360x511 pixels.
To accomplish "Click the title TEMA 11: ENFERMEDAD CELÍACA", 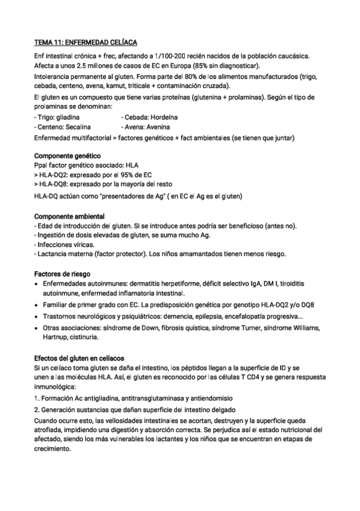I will pyautogui.click(x=85, y=43).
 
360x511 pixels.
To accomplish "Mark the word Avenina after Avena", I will pyautogui.click(x=157, y=127).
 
